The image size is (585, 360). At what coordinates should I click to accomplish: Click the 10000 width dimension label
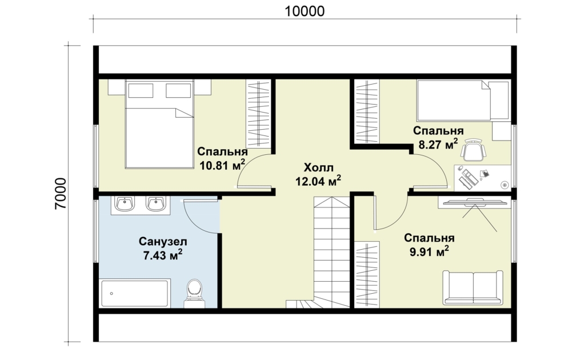tap(304, 11)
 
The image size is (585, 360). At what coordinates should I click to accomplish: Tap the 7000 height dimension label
tap(61, 194)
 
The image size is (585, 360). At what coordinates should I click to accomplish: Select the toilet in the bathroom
tap(194, 293)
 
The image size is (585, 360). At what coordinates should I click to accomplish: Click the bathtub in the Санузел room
tap(134, 293)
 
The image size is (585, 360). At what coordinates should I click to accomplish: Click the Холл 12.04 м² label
tap(318, 174)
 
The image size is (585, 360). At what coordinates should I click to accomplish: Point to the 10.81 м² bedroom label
tap(222, 158)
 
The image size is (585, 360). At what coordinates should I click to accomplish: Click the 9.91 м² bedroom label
tap(429, 245)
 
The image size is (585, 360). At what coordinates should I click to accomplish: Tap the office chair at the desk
tap(474, 150)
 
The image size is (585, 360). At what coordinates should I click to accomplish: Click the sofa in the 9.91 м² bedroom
tap(473, 287)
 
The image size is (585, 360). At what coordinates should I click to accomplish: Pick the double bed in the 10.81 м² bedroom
tap(160, 124)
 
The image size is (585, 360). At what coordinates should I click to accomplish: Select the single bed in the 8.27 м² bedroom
tap(463, 100)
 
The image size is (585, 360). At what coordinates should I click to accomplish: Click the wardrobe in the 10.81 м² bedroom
tap(258, 113)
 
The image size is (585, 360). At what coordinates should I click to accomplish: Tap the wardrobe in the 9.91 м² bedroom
tap(367, 274)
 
